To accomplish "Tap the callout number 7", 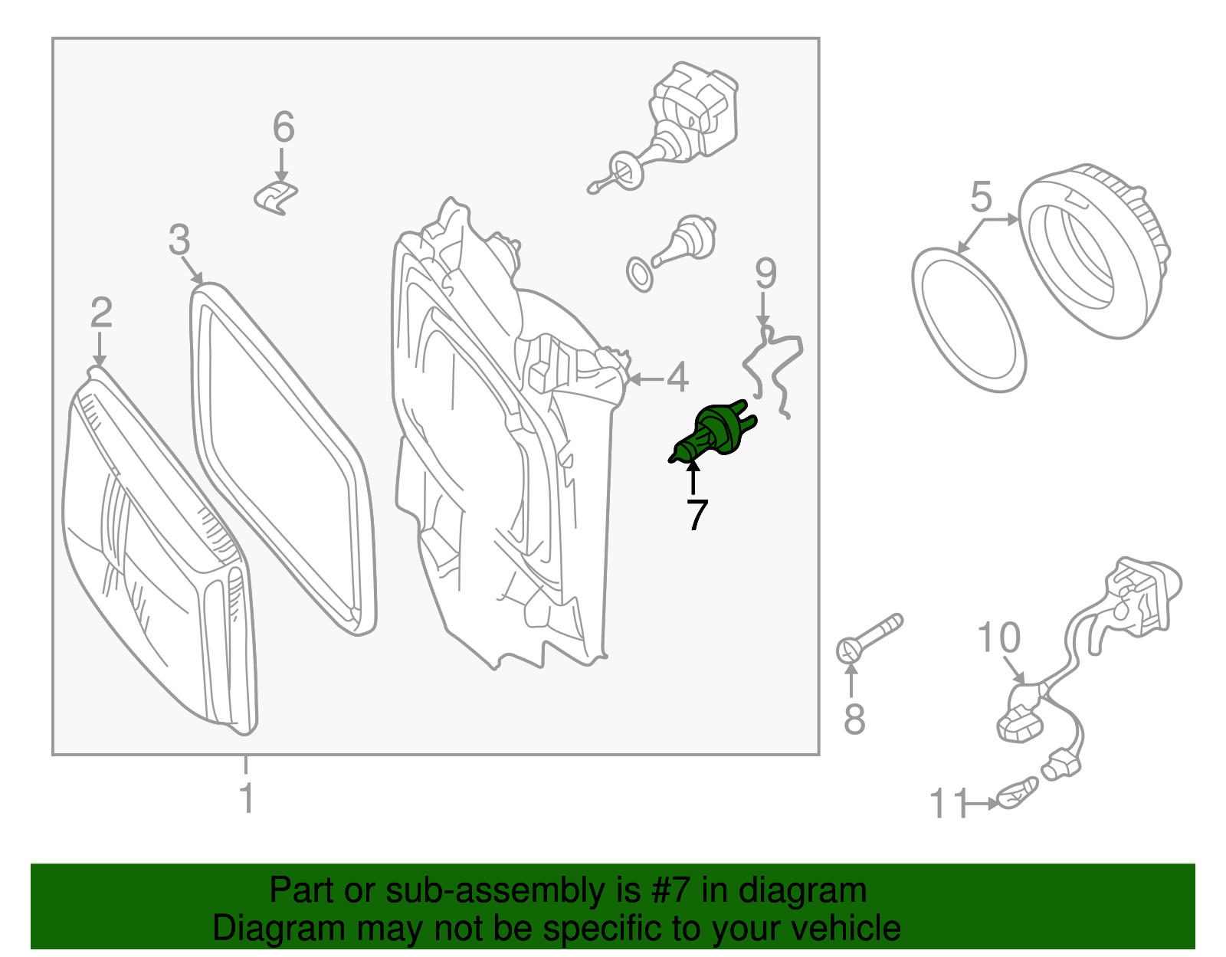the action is [x=697, y=515].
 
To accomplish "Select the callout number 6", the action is [x=284, y=127].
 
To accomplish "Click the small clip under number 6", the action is [x=276, y=198].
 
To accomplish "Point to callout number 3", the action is [x=179, y=239].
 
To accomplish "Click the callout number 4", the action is [x=677, y=377].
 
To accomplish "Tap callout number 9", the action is [x=766, y=274].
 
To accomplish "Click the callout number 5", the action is [x=981, y=197].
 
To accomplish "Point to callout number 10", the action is [x=999, y=637].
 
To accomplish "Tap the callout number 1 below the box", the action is [x=247, y=797].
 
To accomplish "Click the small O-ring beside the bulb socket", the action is [x=640, y=274].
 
